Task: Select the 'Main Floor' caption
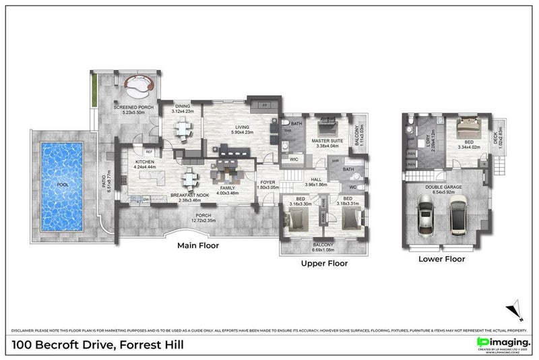click(198, 246)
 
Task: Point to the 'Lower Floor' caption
click(441, 258)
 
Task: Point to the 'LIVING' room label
click(242, 127)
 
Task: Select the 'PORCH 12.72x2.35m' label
click(203, 218)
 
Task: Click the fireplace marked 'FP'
click(263, 106)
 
